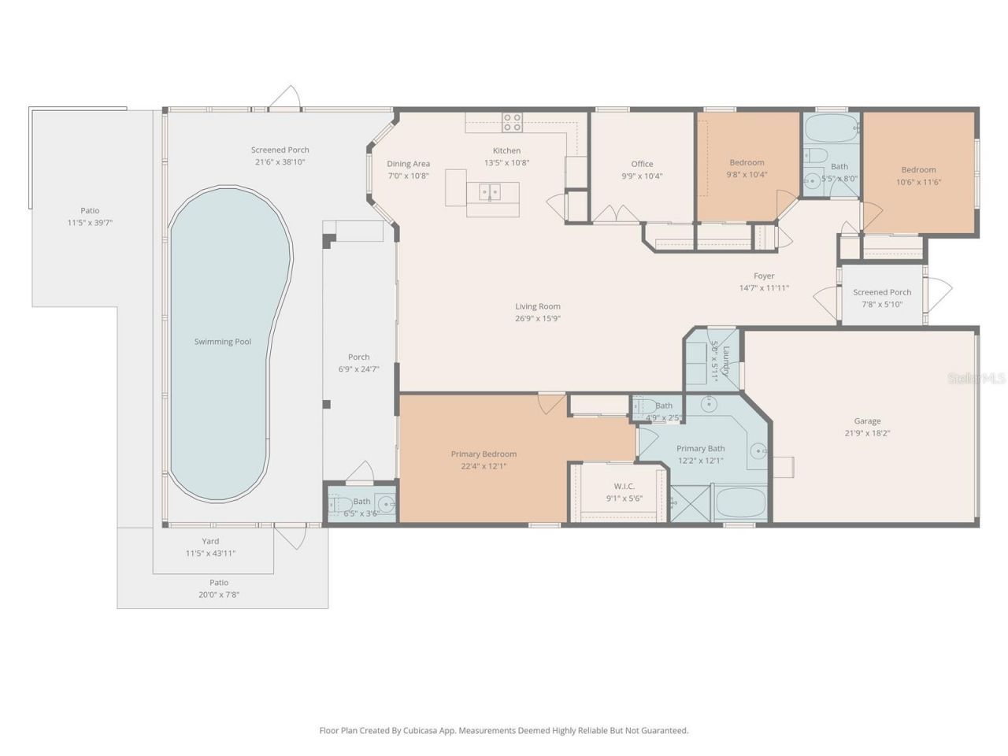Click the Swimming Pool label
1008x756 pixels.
click(223, 342)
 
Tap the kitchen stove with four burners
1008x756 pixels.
click(513, 122)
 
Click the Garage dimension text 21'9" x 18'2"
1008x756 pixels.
click(867, 433)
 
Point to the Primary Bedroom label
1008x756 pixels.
click(484, 454)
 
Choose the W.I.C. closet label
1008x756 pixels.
click(624, 486)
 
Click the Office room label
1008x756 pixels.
click(642, 164)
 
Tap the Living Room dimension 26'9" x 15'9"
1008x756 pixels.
click(538, 319)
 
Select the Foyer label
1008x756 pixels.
click(764, 276)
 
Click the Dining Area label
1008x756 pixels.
click(408, 164)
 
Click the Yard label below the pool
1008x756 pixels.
click(210, 541)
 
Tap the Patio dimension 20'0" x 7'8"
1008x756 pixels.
click(219, 595)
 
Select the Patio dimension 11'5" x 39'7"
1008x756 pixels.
click(90, 223)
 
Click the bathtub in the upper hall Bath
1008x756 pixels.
click(832, 128)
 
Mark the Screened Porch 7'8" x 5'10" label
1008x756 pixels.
click(882, 292)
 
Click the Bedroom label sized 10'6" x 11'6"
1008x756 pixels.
click(918, 169)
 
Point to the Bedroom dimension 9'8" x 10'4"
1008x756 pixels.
click(747, 175)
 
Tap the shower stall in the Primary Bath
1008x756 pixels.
click(690, 504)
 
